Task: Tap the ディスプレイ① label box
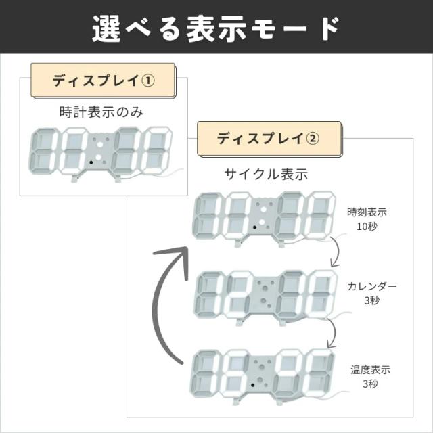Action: [104, 81]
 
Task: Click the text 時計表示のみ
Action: [101, 112]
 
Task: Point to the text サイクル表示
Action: [266, 174]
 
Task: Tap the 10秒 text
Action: [367, 226]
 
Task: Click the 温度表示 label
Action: [370, 370]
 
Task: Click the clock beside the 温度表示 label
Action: [263, 375]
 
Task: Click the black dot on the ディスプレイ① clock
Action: [91, 163]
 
